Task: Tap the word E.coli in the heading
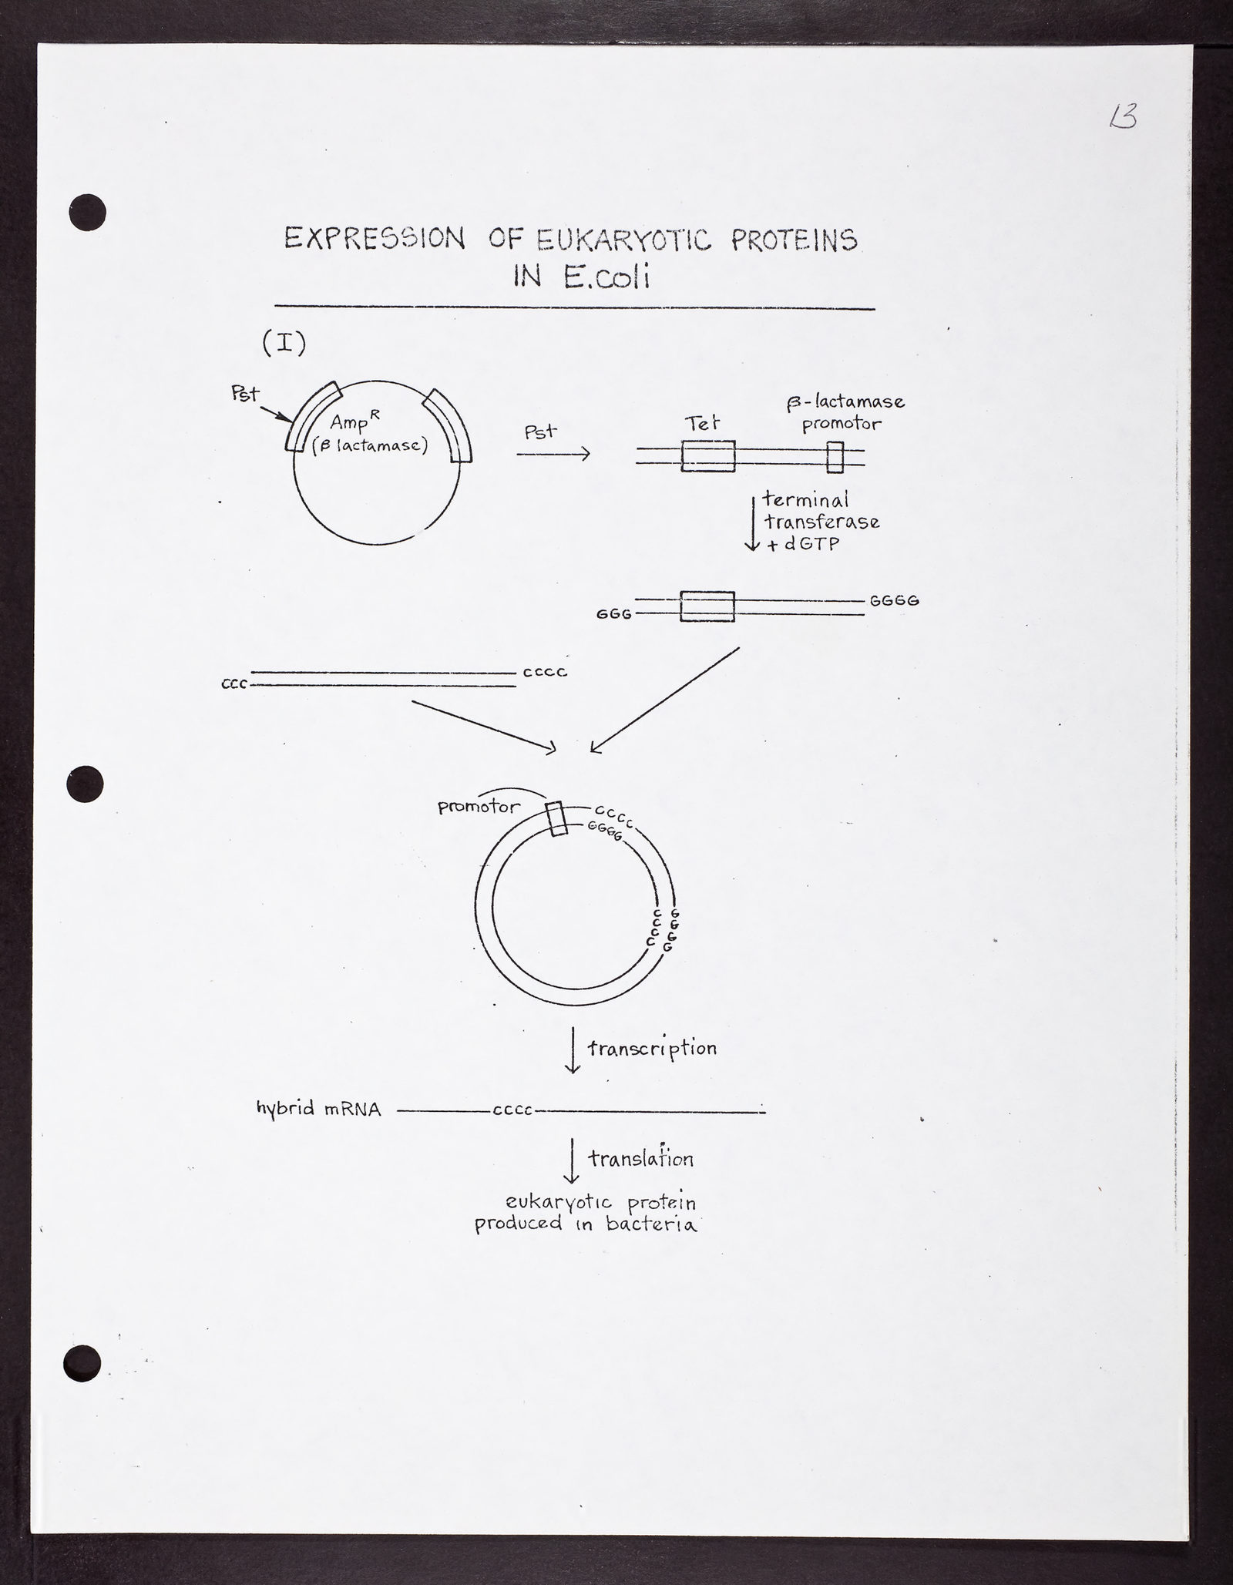[x=606, y=277]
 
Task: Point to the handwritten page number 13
[x=1124, y=118]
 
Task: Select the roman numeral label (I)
[x=284, y=343]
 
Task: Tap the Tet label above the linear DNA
[x=702, y=421]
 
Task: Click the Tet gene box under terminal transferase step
[x=707, y=606]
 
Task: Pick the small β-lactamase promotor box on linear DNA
[x=835, y=457]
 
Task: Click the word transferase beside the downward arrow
[x=821, y=522]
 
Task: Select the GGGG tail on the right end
[x=895, y=599]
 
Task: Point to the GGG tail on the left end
[x=614, y=614]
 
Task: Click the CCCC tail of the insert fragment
[x=545, y=672]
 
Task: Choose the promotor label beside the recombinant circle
[x=479, y=807]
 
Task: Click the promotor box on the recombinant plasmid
[x=556, y=819]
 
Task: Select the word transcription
[x=652, y=1048]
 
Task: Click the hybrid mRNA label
[x=318, y=1109]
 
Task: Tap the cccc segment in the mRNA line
[x=512, y=1111]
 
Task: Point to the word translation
[x=640, y=1158]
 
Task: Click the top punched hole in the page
[x=87, y=212]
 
